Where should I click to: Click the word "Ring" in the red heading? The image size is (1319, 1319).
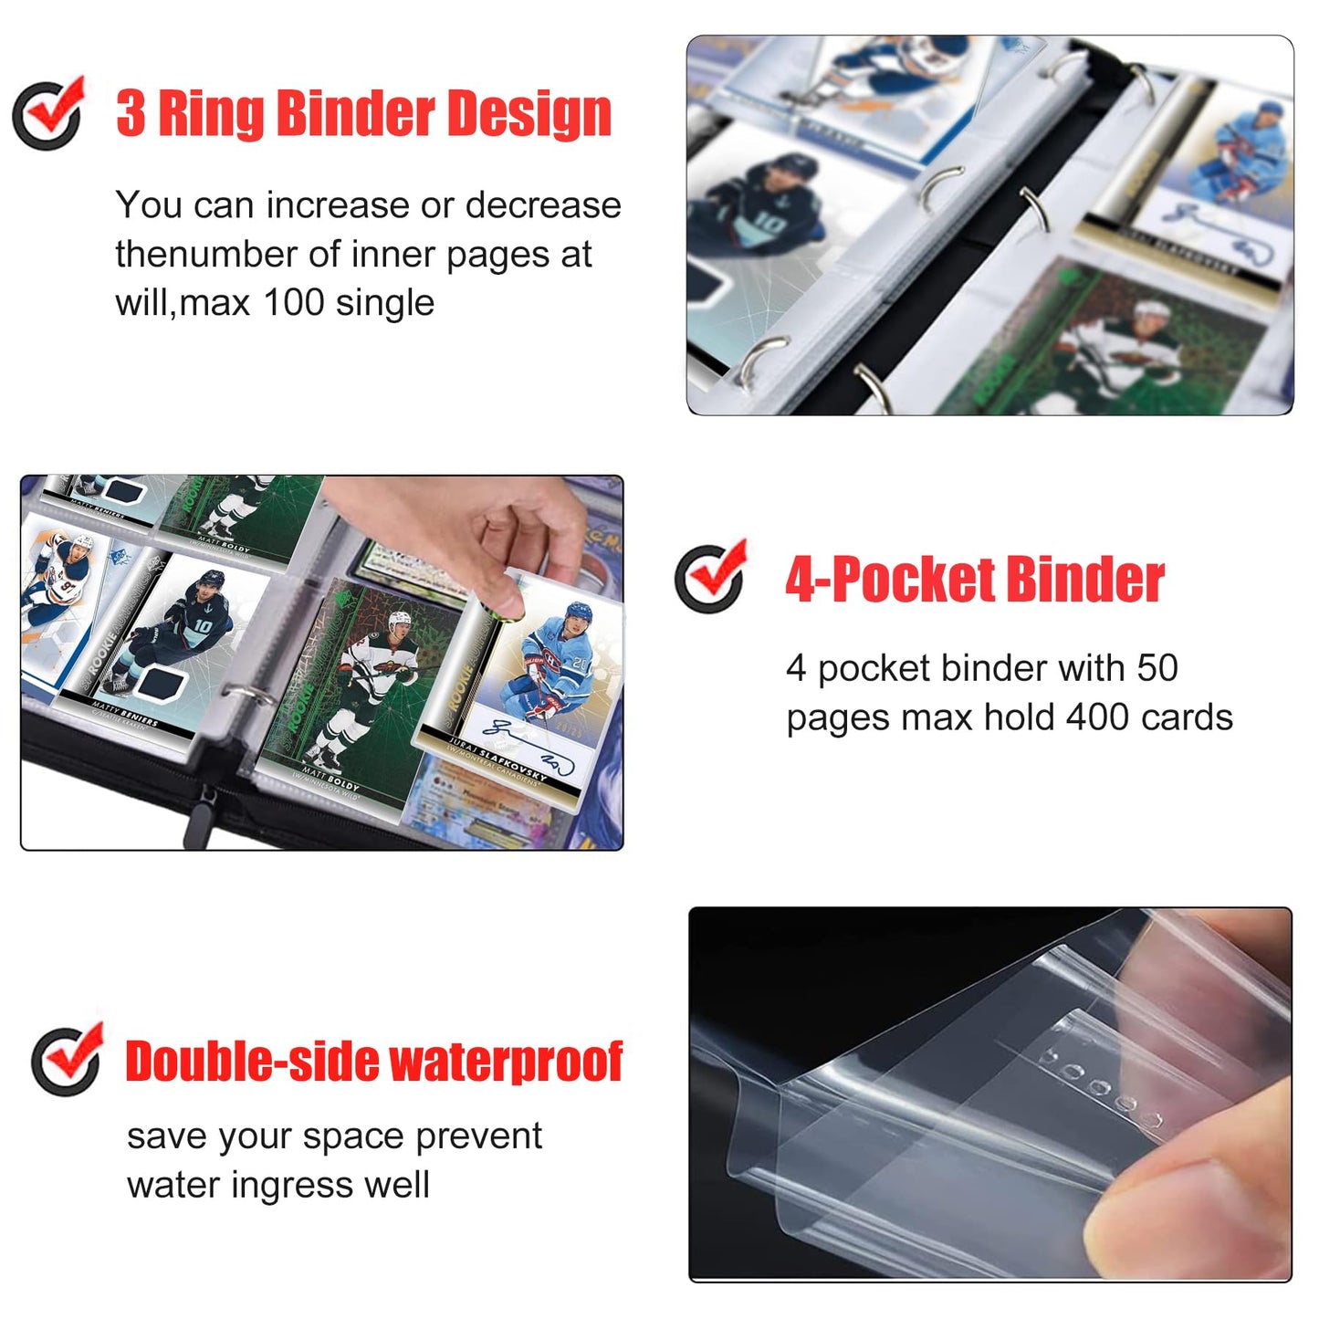pyautogui.click(x=211, y=114)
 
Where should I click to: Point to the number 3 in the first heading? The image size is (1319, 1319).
pyautogui.click(x=131, y=114)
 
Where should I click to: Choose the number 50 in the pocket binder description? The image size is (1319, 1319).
pyautogui.click(x=1157, y=668)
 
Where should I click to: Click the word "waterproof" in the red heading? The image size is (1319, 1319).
pyautogui.click(x=506, y=1062)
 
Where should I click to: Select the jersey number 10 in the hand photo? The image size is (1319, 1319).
pyautogui.click(x=202, y=626)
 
